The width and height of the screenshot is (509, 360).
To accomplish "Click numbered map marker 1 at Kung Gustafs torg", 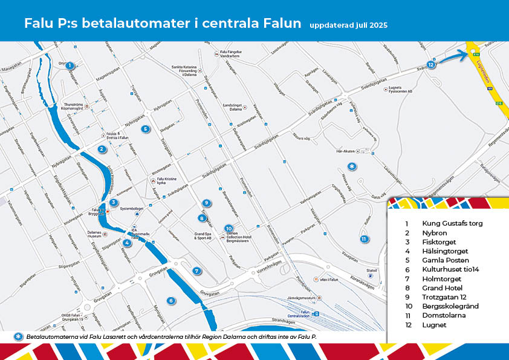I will point(70,65).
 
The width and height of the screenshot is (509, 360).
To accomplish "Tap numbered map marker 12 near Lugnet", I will point(430,64).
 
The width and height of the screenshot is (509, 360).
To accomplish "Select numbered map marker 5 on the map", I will point(145,129).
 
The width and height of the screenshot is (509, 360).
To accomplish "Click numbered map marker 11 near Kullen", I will point(363,239).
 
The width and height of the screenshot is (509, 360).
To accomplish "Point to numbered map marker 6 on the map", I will point(171,301).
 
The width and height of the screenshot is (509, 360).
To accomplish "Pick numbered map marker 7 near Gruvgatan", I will point(196,270).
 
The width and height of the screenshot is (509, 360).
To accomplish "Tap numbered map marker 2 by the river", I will point(102,149).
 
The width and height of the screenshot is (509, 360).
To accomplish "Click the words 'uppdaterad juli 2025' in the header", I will point(348,25).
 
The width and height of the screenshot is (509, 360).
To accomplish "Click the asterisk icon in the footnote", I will point(18,336).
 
